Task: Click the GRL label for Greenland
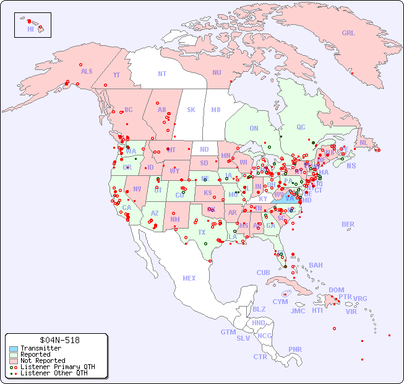[x=348, y=33]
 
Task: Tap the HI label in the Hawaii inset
[x=30, y=29]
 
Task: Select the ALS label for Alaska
[x=87, y=71]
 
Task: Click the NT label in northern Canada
[x=162, y=73]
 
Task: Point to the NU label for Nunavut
[x=217, y=72]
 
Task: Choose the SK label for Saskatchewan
[x=191, y=110]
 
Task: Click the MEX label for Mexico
[x=189, y=278]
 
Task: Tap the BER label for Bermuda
[x=348, y=224]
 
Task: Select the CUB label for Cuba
[x=263, y=273]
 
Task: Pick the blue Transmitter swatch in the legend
[x=14, y=349]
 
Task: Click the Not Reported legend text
[x=43, y=360]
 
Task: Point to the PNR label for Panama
[x=295, y=349]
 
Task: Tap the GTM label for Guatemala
[x=228, y=332]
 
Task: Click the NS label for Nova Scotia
[x=351, y=165]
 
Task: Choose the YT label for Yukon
[x=116, y=75]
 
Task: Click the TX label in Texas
[x=202, y=232]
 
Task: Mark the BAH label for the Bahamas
[x=316, y=265]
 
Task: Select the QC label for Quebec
[x=301, y=127]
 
